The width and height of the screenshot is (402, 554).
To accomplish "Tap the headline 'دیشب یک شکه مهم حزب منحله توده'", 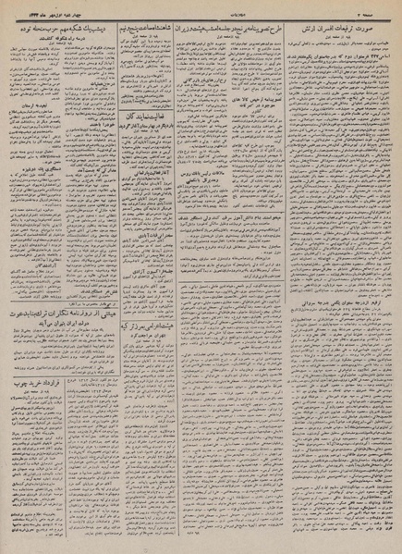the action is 60,28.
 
